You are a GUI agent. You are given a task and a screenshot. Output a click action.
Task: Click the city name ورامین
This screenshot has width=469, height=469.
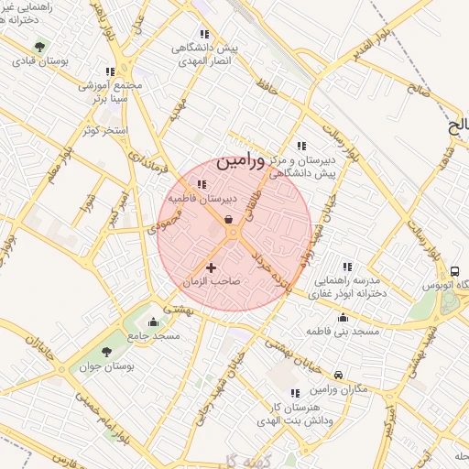coord(242,162)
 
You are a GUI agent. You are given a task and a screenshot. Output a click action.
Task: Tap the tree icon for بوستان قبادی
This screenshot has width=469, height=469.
coord(39,47)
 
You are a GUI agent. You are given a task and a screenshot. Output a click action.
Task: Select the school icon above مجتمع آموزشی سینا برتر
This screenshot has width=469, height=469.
coord(110,71)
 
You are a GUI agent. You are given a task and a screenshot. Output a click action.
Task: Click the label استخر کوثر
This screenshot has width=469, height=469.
coord(103,130)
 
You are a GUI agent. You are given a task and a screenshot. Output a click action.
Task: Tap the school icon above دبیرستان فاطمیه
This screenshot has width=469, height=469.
coord(202,184)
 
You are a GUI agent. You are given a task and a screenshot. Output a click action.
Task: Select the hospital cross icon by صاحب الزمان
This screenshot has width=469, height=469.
coord(212,268)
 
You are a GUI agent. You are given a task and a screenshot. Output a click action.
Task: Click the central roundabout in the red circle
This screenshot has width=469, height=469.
coord(233,234)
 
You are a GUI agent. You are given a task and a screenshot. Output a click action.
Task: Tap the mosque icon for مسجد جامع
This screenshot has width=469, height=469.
coord(152,322)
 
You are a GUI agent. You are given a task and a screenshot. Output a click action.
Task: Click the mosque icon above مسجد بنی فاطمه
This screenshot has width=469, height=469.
coord(343,318)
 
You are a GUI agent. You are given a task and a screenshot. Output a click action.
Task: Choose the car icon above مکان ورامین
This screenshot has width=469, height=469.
coord(339,376)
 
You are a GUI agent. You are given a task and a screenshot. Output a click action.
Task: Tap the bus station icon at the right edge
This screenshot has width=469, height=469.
coord(455,271)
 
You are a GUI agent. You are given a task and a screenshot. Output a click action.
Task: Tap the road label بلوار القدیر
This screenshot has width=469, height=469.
coord(376,42)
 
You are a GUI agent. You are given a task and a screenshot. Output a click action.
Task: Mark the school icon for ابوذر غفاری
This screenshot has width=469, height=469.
coord(346,266)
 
